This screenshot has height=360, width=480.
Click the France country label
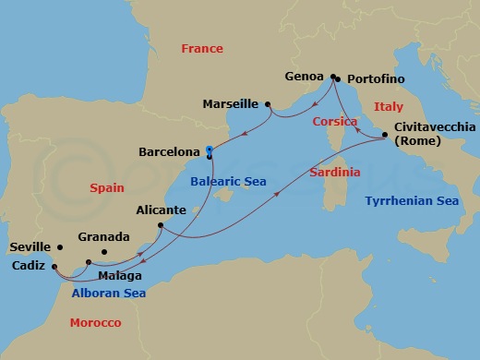point(202,48)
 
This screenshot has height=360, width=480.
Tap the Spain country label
point(107,187)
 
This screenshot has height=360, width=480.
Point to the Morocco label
point(96,322)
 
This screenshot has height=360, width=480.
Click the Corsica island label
point(334,122)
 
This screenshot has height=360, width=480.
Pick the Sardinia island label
point(334,173)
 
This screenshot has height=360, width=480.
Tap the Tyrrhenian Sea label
point(412,200)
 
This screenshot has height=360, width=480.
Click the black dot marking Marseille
point(268,103)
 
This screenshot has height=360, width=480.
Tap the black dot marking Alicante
point(161,225)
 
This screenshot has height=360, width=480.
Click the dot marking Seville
point(60,247)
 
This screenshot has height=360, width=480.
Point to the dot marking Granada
point(103,252)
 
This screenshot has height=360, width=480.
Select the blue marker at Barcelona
point(210,150)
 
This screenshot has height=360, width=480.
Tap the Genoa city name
point(306,78)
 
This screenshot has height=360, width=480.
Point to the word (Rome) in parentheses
point(417,142)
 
